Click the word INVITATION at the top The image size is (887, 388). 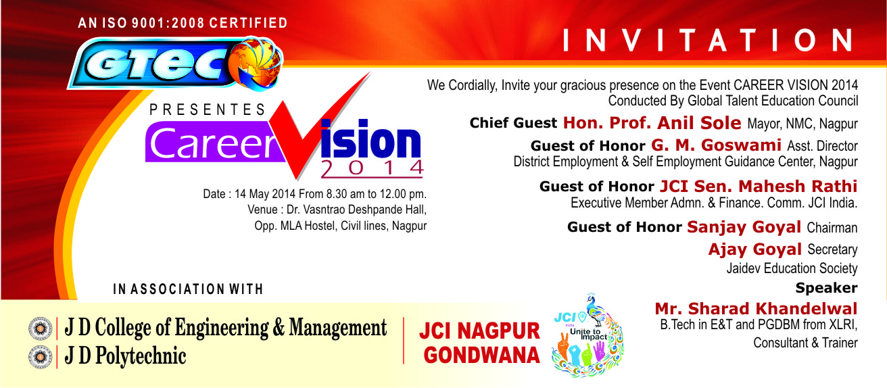709,41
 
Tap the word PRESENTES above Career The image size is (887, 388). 208,109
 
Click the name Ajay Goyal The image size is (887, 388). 754,249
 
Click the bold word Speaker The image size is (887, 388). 826,288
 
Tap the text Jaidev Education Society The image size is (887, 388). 792,269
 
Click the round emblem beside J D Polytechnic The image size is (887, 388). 37,356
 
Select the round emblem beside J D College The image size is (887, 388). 37,329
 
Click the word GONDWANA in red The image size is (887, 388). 480,354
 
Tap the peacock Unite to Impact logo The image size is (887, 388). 587,335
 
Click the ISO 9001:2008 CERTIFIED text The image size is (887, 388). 183,24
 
